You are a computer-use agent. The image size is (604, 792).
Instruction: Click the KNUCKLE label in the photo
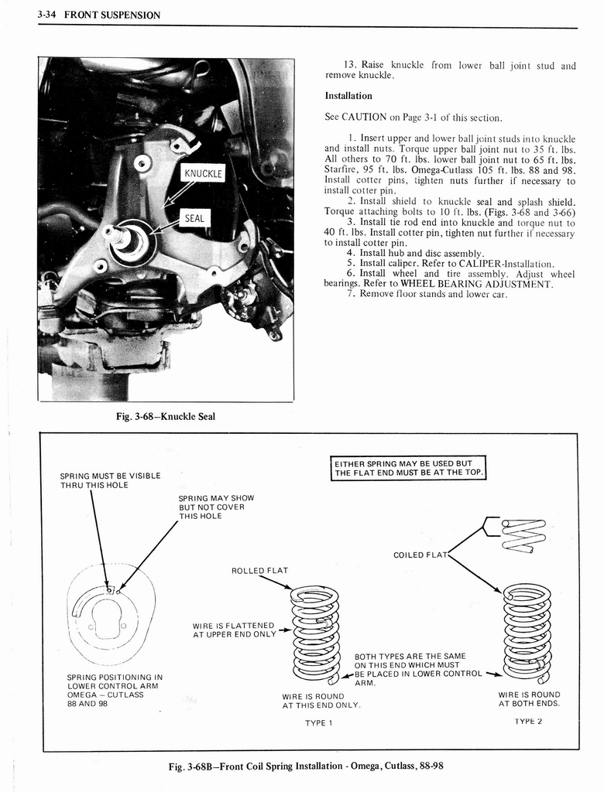click(201, 173)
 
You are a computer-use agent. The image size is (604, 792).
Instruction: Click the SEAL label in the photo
click(194, 218)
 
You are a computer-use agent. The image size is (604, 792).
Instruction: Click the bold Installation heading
click(348, 96)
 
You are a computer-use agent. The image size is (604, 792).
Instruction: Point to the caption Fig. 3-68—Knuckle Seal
click(165, 417)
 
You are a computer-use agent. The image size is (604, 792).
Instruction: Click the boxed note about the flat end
click(409, 468)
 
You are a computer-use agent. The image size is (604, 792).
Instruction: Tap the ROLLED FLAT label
click(259, 571)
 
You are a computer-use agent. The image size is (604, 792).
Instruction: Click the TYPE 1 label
click(318, 723)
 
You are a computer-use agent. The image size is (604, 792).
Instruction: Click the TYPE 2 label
click(528, 720)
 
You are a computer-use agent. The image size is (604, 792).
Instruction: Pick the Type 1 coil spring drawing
click(315, 634)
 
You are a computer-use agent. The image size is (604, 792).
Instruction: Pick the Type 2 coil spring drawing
click(527, 630)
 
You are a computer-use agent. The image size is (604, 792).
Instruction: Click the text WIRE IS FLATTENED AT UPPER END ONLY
click(234, 630)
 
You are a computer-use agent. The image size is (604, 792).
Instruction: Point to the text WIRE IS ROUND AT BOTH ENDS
click(529, 699)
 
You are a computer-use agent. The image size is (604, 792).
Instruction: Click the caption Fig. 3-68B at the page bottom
click(307, 766)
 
